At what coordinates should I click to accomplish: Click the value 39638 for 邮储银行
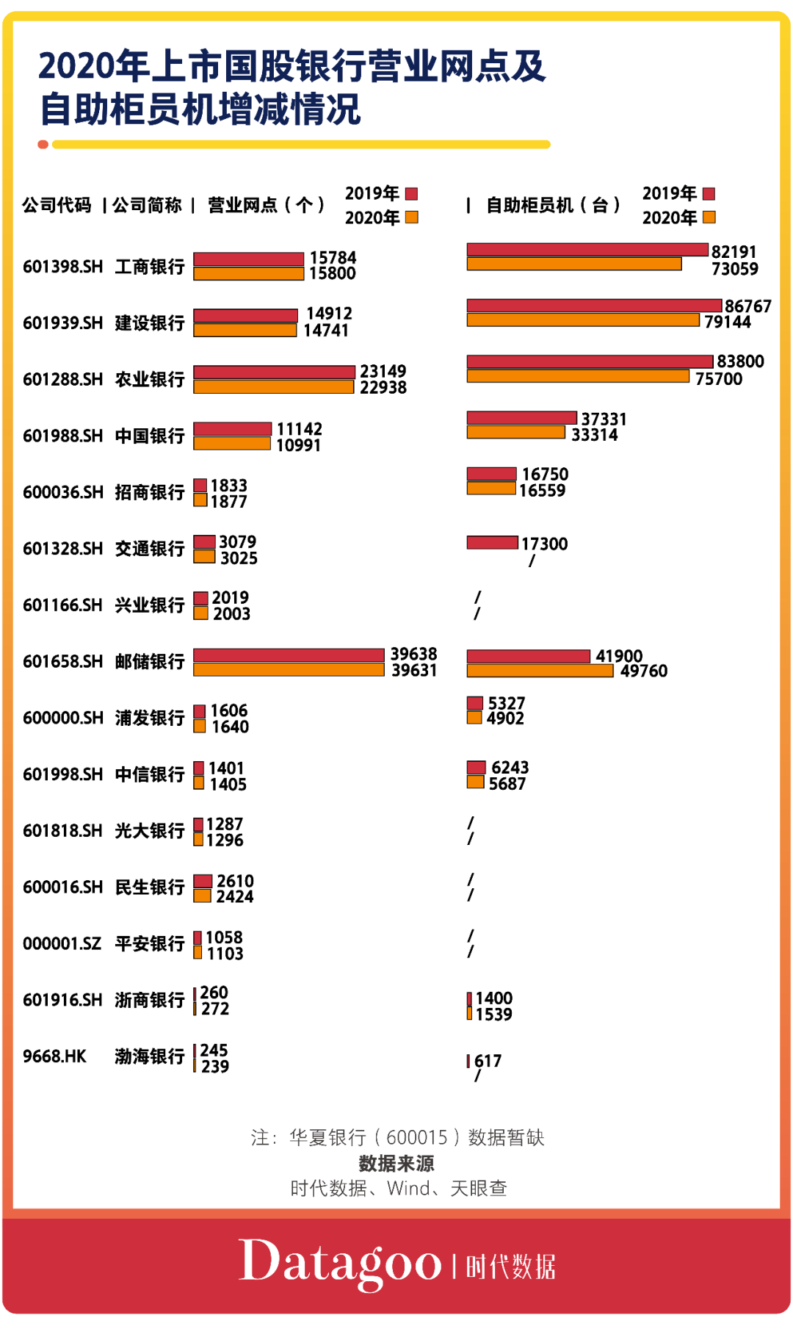(413, 654)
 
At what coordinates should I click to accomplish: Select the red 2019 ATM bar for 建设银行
(594, 306)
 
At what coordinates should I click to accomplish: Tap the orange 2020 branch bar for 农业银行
(273, 387)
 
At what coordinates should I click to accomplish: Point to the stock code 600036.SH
(63, 492)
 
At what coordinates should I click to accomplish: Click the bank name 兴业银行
(150, 605)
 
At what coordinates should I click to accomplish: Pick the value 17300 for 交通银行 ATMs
(544, 544)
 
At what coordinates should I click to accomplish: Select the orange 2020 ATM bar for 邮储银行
(540, 671)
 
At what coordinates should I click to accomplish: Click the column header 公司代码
(57, 205)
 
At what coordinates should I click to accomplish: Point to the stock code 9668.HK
(54, 1056)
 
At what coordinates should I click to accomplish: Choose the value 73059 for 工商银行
(734, 269)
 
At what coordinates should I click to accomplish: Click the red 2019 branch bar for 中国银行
(232, 428)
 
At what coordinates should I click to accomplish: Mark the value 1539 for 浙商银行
(493, 1015)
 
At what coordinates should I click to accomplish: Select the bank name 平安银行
(150, 943)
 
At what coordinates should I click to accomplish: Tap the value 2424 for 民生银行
(234, 896)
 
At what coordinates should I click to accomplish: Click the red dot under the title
(43, 145)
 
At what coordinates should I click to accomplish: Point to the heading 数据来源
(396, 1163)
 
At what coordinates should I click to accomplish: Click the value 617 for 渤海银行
(488, 1061)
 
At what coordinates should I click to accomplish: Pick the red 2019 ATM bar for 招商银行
(491, 474)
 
